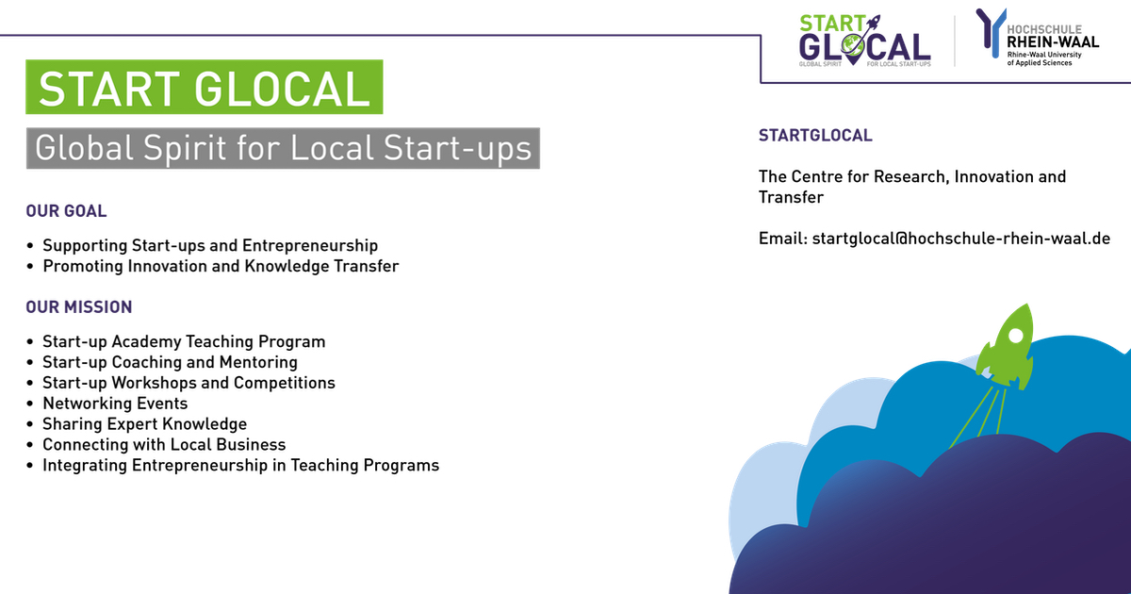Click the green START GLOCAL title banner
pyautogui.click(x=204, y=88)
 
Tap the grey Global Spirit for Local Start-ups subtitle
pyautogui.click(x=283, y=148)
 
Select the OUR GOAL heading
pyautogui.click(x=66, y=211)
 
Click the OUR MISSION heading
pyautogui.click(x=79, y=307)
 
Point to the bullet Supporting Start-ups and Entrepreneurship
pyautogui.click(x=210, y=246)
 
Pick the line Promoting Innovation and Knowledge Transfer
pyautogui.click(x=221, y=266)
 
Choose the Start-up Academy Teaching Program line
pyautogui.click(x=184, y=341)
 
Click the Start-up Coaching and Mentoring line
pyautogui.click(x=170, y=362)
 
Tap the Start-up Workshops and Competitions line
pyautogui.click(x=188, y=383)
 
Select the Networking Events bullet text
pyautogui.click(x=115, y=404)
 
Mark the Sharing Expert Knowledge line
pyautogui.click(x=144, y=424)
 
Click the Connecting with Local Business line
pyautogui.click(x=164, y=444)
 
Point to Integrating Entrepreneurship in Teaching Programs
pyautogui.click(x=240, y=465)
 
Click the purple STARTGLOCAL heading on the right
pyautogui.click(x=815, y=136)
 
